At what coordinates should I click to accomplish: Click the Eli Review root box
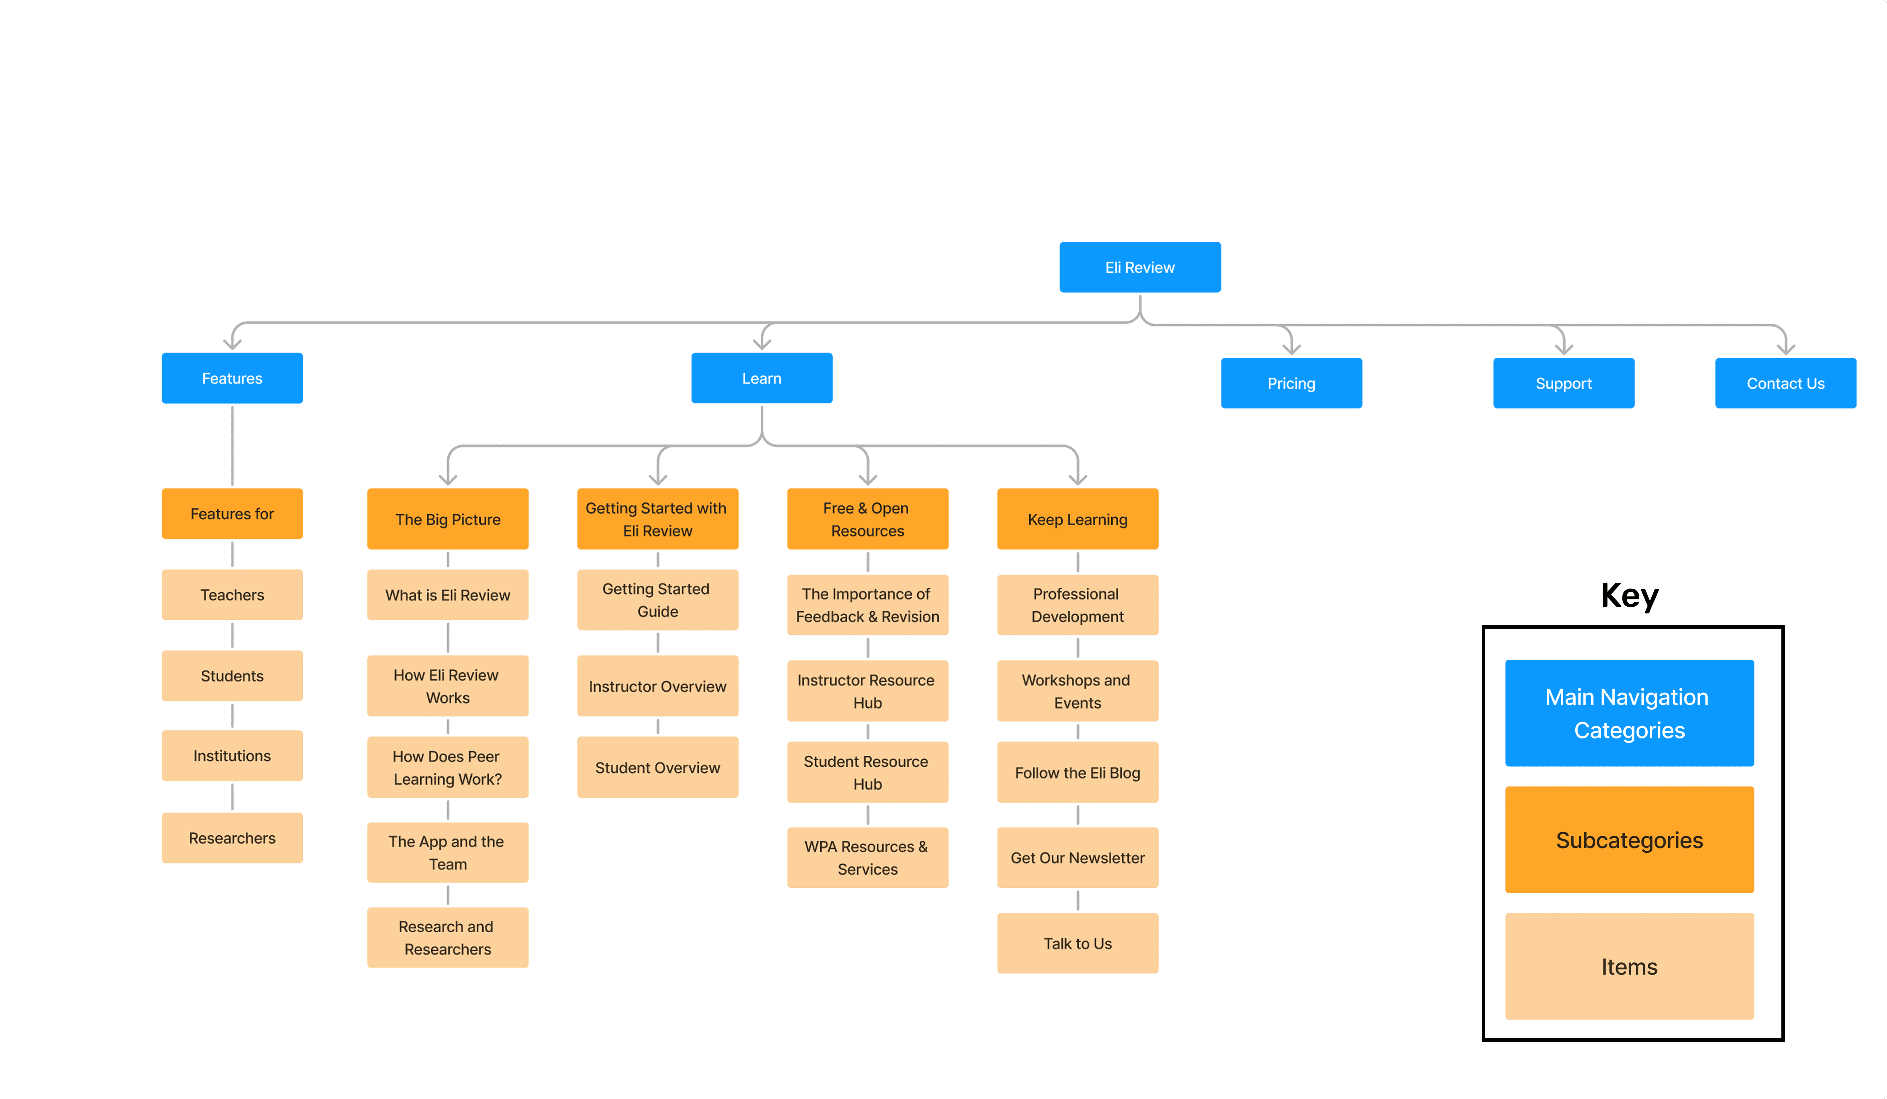[1140, 267]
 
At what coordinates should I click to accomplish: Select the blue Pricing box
[1291, 383]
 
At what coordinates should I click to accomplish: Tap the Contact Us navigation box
[1785, 383]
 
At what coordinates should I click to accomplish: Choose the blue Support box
[1564, 383]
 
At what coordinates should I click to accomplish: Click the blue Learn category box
[762, 378]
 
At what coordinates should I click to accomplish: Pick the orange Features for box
[232, 514]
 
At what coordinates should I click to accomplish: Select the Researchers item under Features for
[232, 838]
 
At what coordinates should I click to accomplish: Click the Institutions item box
[232, 755]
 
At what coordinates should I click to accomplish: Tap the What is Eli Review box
[448, 595]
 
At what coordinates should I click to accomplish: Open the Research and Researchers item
[448, 937]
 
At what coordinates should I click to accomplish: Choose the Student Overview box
[657, 767]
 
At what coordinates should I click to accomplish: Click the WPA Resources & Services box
[868, 857]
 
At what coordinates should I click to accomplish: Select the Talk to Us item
[1078, 943]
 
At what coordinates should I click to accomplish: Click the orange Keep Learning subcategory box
[1078, 519]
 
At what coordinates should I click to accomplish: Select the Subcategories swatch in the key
[1629, 839]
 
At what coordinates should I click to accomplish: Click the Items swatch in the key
[1629, 966]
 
